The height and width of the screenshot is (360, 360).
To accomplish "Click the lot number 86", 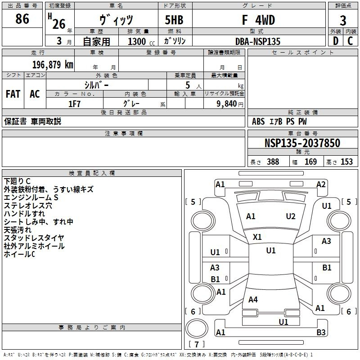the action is pyautogui.click(x=22, y=18).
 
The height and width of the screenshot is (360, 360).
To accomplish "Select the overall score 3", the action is pyautogui.click(x=343, y=20).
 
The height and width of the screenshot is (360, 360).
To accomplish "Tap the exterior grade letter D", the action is pyautogui.click(x=336, y=41).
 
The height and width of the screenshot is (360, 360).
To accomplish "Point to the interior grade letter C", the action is pyautogui.click(x=350, y=41).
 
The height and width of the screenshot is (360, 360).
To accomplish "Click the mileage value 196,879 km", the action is pyautogui.click(x=53, y=65).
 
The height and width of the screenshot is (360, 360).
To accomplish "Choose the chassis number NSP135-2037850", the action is pyautogui.click(x=302, y=143).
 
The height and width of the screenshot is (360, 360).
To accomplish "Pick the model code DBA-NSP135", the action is pyautogui.click(x=258, y=41).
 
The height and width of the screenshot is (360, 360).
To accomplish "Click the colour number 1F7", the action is pyautogui.click(x=74, y=104).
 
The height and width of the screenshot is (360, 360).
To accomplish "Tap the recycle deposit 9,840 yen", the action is pyautogui.click(x=230, y=104).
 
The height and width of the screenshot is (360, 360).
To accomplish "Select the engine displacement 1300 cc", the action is pyautogui.click(x=141, y=41).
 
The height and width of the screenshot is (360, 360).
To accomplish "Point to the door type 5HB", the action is pyautogui.click(x=174, y=20).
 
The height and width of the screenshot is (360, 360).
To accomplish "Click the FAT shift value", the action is pyautogui.click(x=13, y=94).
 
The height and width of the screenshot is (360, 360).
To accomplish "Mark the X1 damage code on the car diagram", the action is pyautogui.click(x=257, y=237).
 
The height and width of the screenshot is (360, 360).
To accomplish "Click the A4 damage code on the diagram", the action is pyautogui.click(x=253, y=299).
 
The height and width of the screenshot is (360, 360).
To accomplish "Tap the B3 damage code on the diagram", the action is pyautogui.click(x=321, y=332).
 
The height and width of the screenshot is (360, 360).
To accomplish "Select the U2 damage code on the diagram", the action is pyautogui.click(x=291, y=216).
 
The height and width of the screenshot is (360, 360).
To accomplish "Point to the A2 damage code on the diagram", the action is pyautogui.click(x=321, y=184).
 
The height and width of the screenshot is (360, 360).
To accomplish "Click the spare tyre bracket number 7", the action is pyautogui.click(x=197, y=344).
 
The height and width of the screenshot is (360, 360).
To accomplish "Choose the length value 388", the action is pyautogui.click(x=273, y=162).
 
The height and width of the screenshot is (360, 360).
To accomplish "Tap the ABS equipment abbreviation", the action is pyautogui.click(x=258, y=121).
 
